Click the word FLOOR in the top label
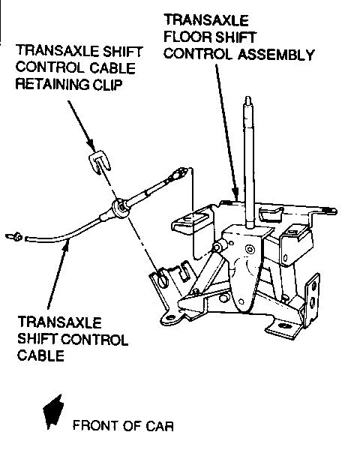coord(186,37)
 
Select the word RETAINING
coord(52,85)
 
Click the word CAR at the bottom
coord(160,425)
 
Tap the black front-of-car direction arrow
coord(53,412)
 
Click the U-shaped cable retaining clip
coord(100,163)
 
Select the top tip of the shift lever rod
coord(247,97)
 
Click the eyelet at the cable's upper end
coord(181,172)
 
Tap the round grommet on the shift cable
coord(120,208)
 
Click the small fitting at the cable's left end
coord(14,237)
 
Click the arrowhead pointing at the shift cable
coord(67,244)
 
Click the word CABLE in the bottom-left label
coord(41,355)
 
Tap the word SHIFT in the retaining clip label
coord(122,51)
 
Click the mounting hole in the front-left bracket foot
coord(170,317)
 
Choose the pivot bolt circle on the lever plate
coord(249,248)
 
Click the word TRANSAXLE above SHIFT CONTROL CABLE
coord(60,322)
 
